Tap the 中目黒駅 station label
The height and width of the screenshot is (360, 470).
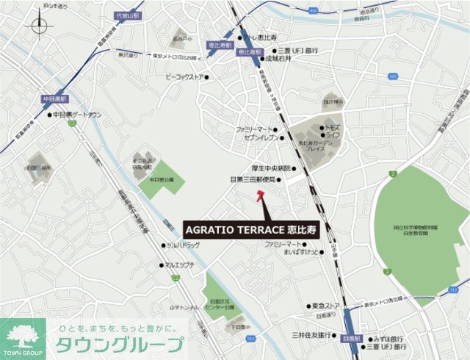click(54, 98)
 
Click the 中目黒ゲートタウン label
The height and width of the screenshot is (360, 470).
click(76, 115)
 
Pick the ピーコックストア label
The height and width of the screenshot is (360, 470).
click(185, 76)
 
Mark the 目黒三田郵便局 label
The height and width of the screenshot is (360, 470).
click(253, 179)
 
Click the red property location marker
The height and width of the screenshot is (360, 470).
click(259, 195)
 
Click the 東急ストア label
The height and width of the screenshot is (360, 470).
click(325, 305)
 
